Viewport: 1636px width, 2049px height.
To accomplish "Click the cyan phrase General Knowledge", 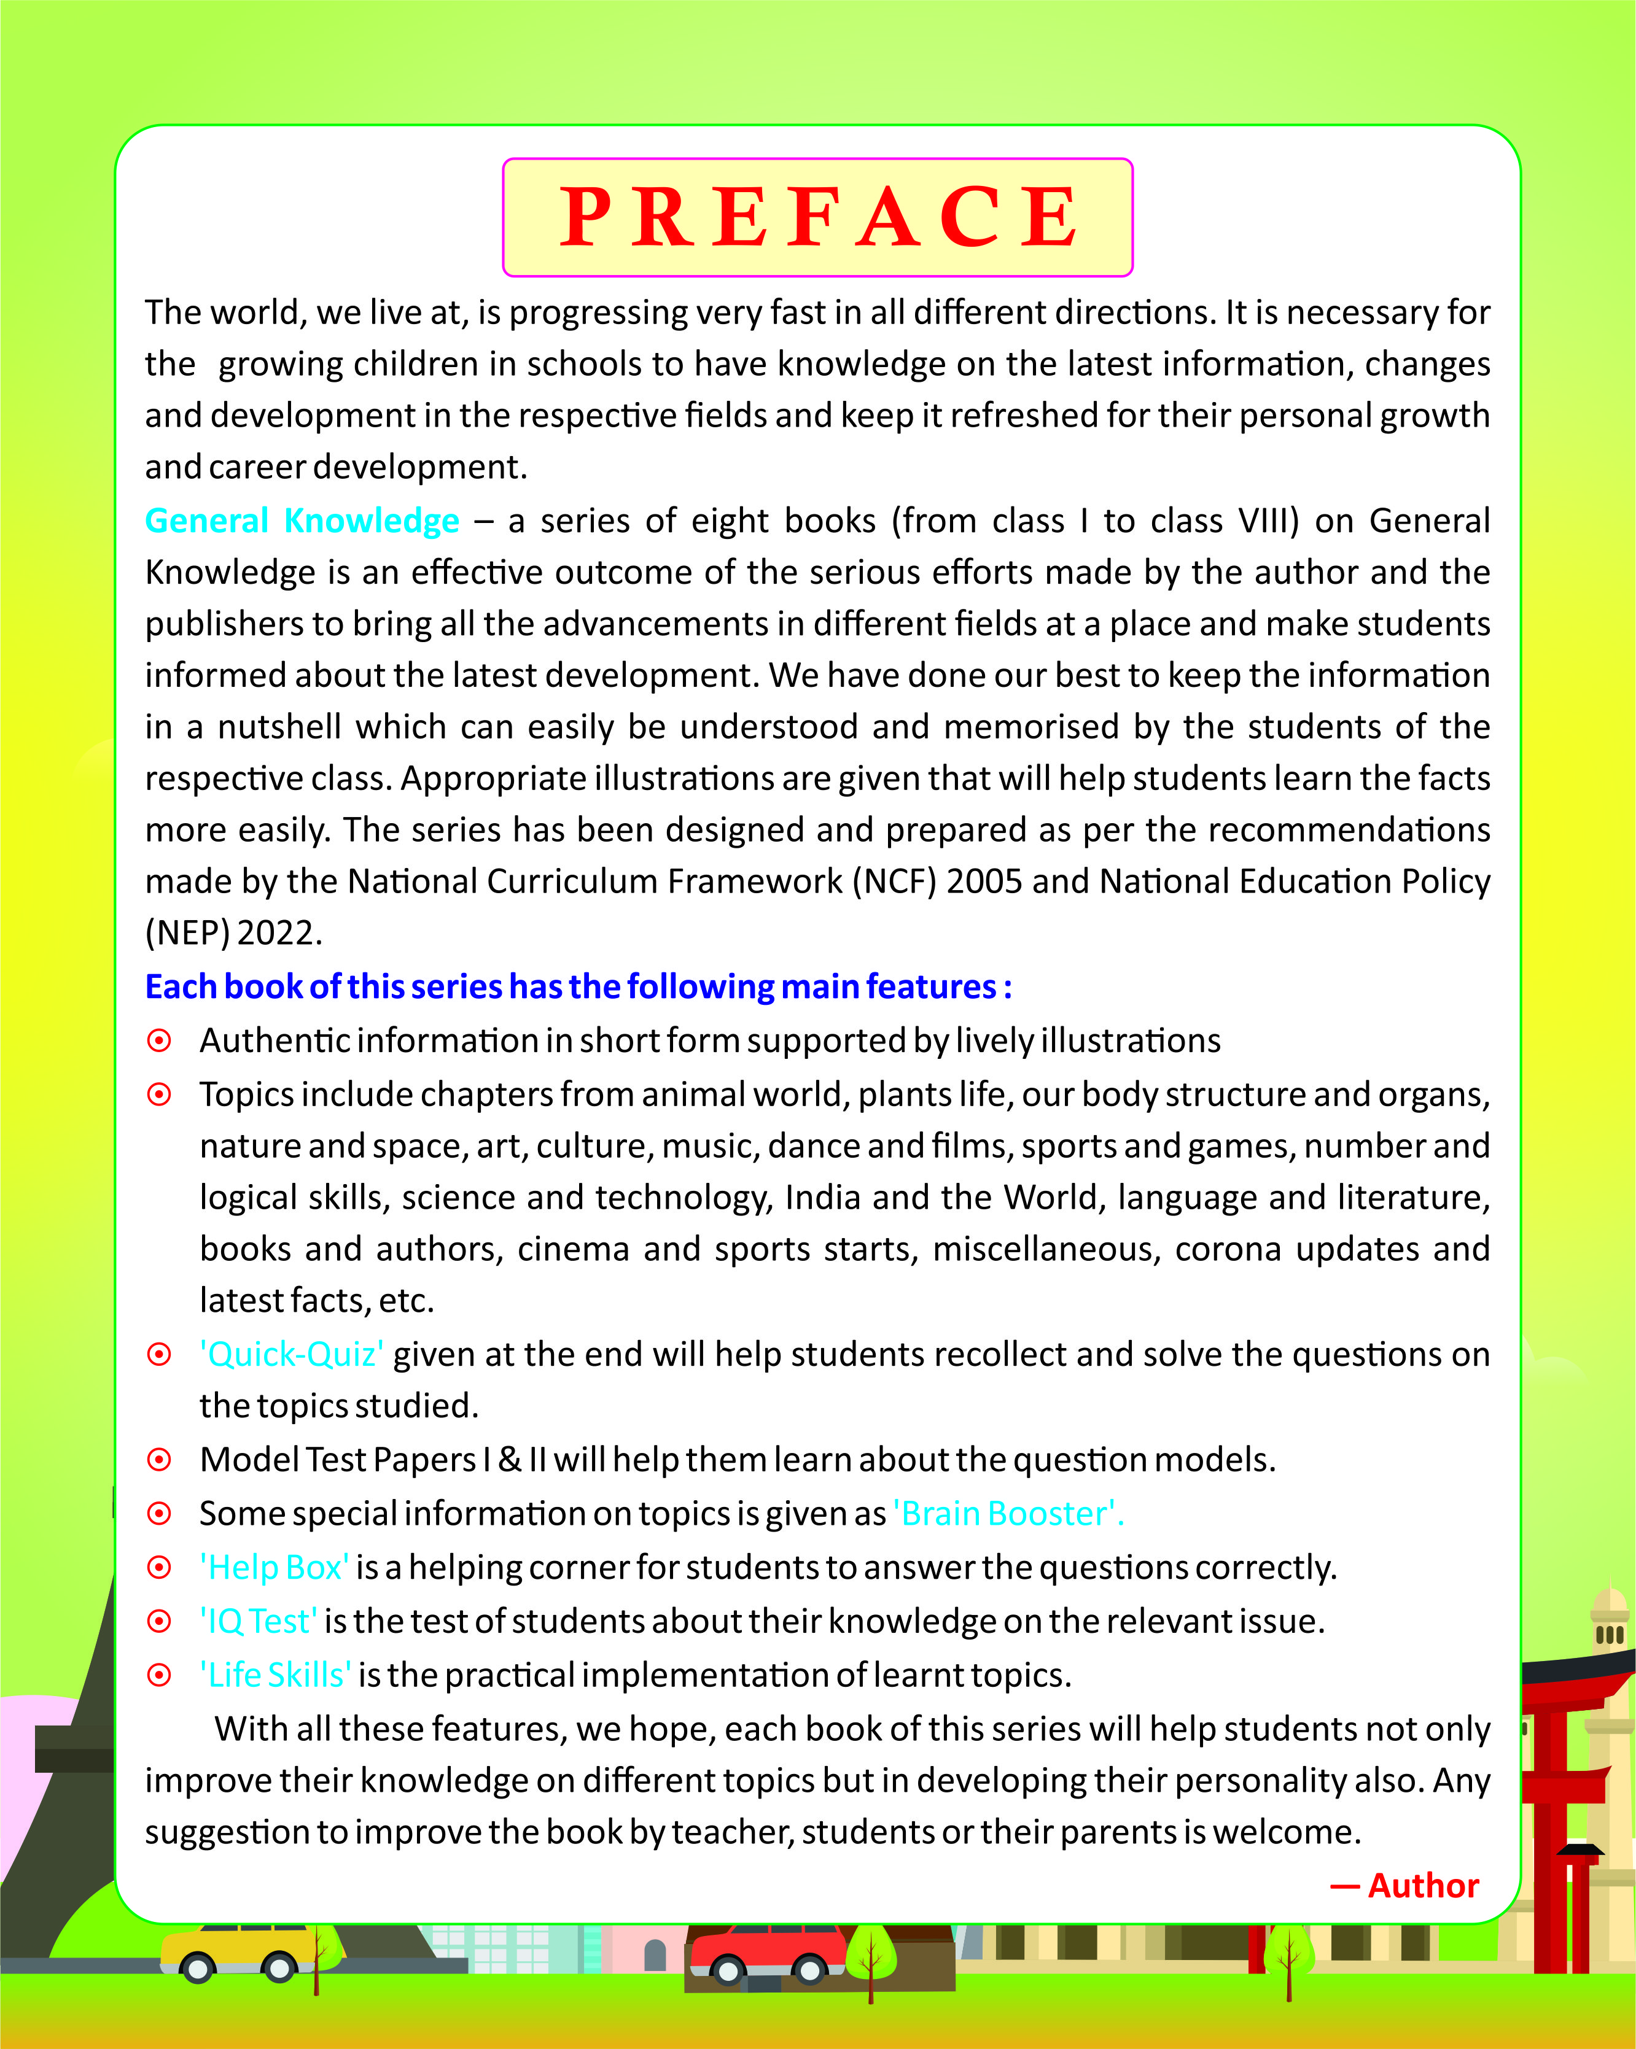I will (302, 521).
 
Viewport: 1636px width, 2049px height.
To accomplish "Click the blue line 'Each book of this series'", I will (578, 986).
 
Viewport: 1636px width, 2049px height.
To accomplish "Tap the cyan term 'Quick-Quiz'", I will (291, 1354).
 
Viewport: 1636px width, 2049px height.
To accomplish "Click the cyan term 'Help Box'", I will (274, 1567).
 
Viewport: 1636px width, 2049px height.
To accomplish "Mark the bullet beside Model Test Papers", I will (160, 1460).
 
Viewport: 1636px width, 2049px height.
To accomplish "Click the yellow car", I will (238, 1951).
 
